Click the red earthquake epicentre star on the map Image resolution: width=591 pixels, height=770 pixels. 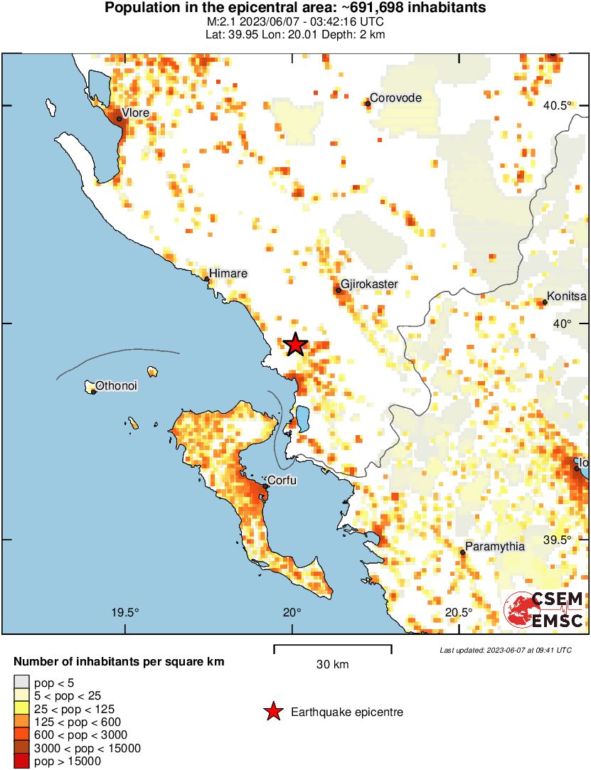point(295,345)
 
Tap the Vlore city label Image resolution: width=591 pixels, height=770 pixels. point(135,112)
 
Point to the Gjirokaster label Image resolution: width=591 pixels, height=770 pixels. point(369,284)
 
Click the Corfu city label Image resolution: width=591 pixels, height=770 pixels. point(282,481)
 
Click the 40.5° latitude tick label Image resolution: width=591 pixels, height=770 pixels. point(558,106)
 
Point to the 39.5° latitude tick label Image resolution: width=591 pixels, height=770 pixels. point(558,540)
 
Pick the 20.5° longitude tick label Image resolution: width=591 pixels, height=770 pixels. point(459,613)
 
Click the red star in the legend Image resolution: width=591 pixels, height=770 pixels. point(272,712)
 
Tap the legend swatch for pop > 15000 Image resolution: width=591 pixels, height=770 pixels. point(21,761)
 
